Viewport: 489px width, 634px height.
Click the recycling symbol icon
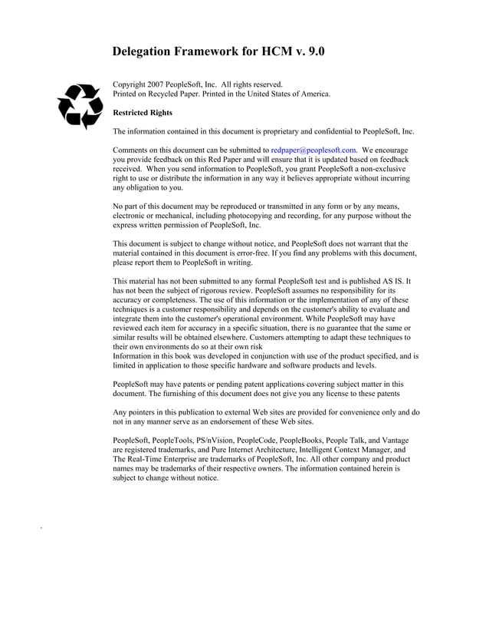(x=80, y=107)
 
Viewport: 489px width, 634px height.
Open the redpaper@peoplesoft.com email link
(x=313, y=150)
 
